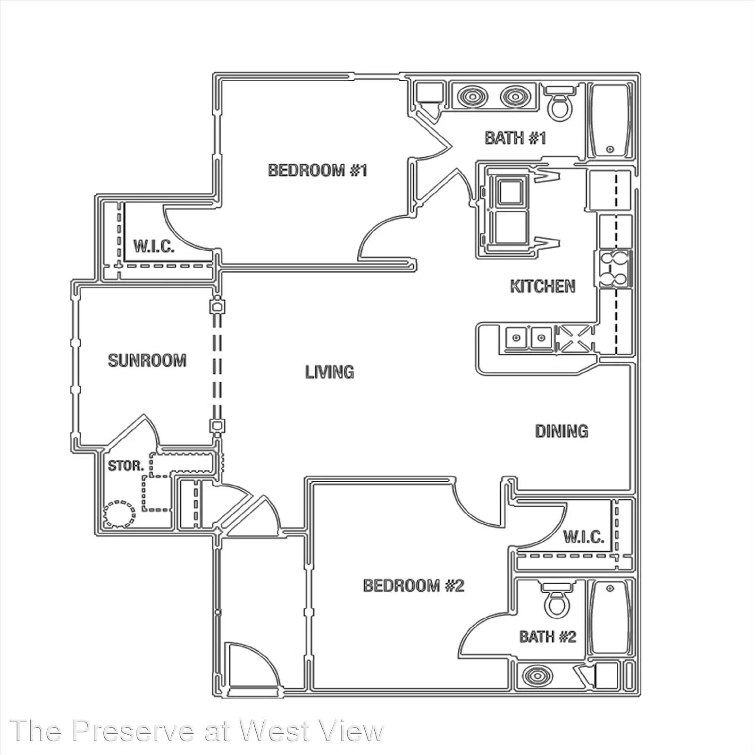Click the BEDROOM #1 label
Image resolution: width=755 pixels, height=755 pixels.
click(x=318, y=170)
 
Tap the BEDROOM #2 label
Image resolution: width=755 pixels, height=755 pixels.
click(x=414, y=586)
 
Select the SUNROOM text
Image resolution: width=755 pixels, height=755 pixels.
click(x=147, y=361)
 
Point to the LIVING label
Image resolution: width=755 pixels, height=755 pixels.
click(x=329, y=372)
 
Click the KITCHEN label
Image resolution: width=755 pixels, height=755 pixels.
click(x=543, y=286)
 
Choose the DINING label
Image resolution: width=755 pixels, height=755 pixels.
click(x=562, y=431)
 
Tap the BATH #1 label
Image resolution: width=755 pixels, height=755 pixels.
click(x=515, y=138)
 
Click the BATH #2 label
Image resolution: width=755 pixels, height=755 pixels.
click(x=548, y=637)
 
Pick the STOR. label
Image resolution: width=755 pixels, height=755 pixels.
click(x=126, y=466)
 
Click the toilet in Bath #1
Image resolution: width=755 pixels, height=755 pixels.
click(x=560, y=102)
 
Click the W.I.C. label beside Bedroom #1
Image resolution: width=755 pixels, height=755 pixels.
click(x=154, y=246)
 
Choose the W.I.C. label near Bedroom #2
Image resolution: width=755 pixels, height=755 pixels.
click(x=584, y=537)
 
